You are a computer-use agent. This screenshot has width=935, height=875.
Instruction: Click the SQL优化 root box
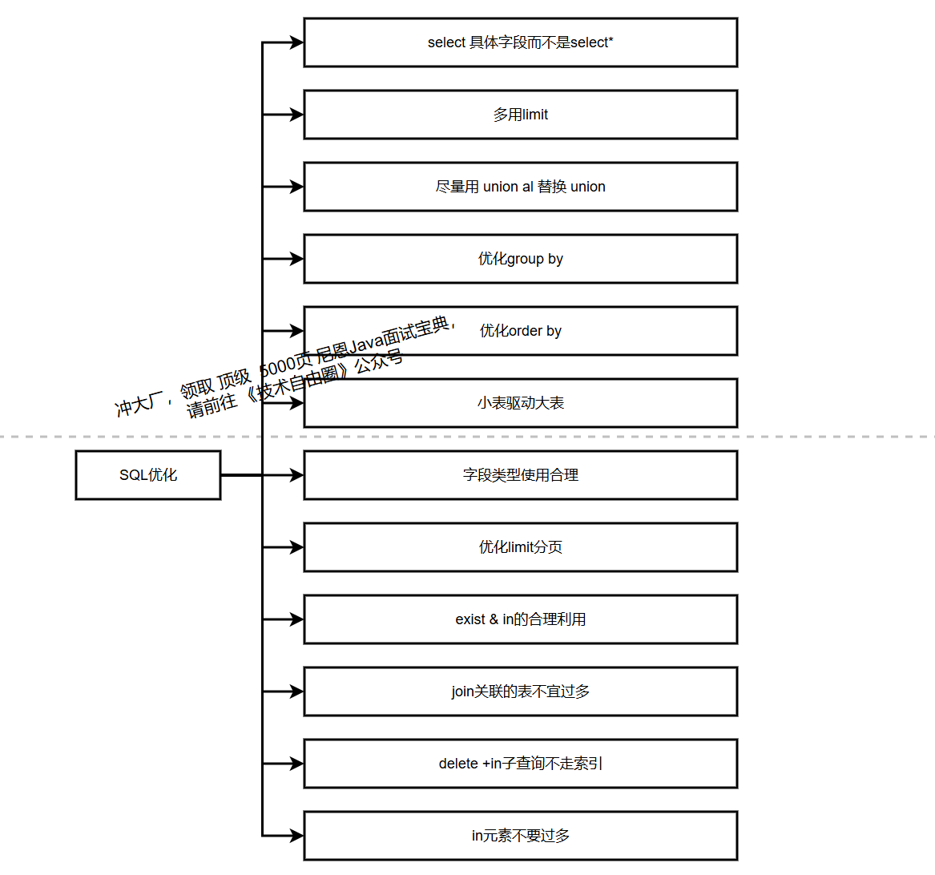pyautogui.click(x=148, y=475)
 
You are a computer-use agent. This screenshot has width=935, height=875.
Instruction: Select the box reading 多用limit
pyautogui.click(x=520, y=115)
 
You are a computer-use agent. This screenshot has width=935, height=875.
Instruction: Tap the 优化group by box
pyautogui.click(x=520, y=259)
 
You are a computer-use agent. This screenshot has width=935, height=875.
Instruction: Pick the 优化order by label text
pyautogui.click(x=521, y=331)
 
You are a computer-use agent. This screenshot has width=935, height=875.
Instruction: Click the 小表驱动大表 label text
pyautogui.click(x=521, y=403)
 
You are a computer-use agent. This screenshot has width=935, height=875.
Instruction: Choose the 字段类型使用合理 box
pyautogui.click(x=520, y=475)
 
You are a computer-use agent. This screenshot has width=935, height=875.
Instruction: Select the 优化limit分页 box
pyautogui.click(x=520, y=547)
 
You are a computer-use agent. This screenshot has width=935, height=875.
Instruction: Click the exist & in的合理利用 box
pyautogui.click(x=520, y=619)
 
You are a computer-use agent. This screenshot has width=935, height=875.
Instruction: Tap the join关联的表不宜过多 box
pyautogui.click(x=520, y=692)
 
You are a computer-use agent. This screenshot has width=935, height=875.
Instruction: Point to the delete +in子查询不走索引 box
pyautogui.click(x=520, y=764)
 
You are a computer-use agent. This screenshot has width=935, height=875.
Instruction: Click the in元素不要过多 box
pyautogui.click(x=520, y=836)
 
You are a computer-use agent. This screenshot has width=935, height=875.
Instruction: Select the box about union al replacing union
pyautogui.click(x=520, y=187)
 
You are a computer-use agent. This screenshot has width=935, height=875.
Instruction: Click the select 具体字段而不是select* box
pyautogui.click(x=520, y=42)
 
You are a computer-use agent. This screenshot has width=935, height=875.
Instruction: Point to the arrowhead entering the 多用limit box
pyautogui.click(x=296, y=115)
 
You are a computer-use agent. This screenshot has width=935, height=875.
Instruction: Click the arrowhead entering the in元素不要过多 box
pyautogui.click(x=296, y=836)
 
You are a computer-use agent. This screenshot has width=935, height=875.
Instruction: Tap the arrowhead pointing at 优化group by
pyautogui.click(x=296, y=259)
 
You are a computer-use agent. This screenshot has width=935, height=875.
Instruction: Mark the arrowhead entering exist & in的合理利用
pyautogui.click(x=296, y=619)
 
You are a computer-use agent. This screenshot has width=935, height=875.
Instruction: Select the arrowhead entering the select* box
pyautogui.click(x=296, y=42)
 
